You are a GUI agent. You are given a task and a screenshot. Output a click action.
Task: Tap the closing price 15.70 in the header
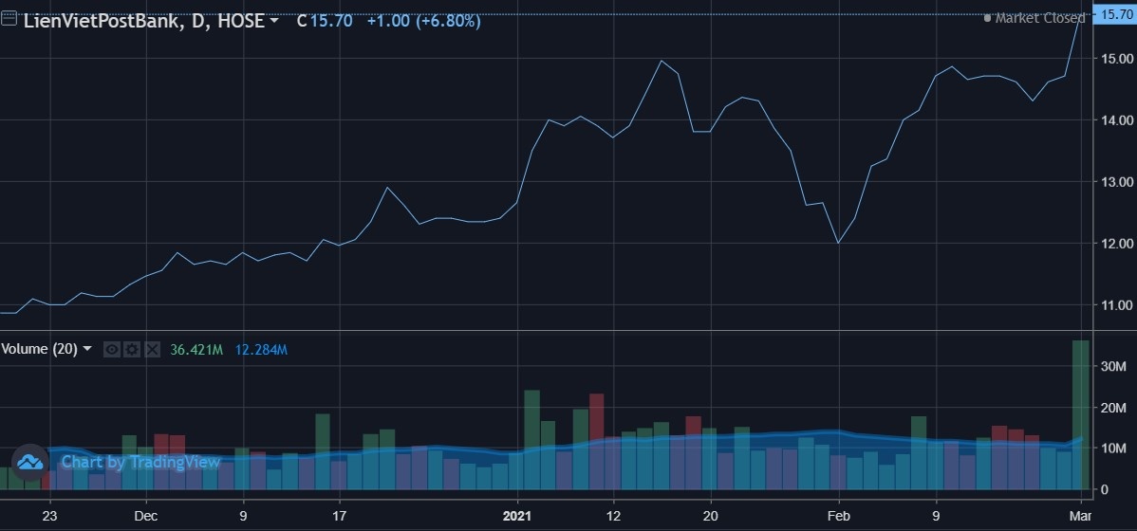[330, 20]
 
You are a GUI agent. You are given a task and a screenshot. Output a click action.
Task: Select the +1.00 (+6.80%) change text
[422, 20]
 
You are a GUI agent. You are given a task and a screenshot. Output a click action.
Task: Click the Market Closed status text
[1039, 18]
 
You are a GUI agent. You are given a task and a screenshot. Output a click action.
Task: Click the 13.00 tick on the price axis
[1111, 181]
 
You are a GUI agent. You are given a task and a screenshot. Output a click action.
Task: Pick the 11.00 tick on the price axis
[1111, 304]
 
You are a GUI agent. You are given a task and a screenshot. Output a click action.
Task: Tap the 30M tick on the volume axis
[1112, 366]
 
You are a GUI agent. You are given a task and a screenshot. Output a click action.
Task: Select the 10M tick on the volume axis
[1112, 448]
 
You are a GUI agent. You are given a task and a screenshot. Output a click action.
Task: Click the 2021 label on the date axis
[517, 517]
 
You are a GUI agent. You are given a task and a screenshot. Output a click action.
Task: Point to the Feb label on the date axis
[838, 517]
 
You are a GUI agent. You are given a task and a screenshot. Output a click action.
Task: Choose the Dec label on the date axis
[145, 517]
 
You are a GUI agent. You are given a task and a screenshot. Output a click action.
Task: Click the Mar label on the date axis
[1080, 517]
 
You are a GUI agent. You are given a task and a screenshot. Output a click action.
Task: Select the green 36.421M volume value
[196, 350]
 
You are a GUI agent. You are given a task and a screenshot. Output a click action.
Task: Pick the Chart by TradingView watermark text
[140, 462]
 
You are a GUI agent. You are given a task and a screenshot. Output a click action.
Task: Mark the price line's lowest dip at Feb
[838, 243]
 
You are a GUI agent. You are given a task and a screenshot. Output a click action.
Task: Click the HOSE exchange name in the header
[241, 20]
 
